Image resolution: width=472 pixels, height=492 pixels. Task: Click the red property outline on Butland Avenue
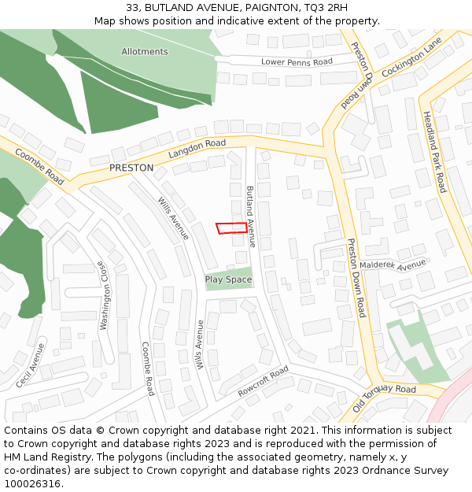pyautogui.click(x=230, y=228)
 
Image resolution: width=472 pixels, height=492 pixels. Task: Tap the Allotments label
pyautogui.click(x=145, y=52)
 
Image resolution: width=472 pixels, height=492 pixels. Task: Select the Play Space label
pyautogui.click(x=228, y=279)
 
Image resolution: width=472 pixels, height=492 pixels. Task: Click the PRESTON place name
pyautogui.click(x=131, y=168)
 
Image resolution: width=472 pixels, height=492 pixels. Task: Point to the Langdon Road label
pyautogui.click(x=197, y=147)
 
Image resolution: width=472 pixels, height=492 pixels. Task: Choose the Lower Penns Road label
pyautogui.click(x=297, y=61)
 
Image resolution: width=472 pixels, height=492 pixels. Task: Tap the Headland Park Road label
pyautogui.click(x=434, y=152)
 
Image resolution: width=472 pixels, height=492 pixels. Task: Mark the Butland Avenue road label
pyautogui.click(x=251, y=217)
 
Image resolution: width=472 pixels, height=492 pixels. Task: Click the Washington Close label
pyautogui.click(x=102, y=295)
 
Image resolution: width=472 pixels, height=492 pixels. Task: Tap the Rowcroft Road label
pyautogui.click(x=264, y=381)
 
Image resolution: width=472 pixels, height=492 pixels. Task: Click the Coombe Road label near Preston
pyautogui.click(x=39, y=168)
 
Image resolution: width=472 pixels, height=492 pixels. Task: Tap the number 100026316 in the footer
pyautogui.click(x=32, y=483)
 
